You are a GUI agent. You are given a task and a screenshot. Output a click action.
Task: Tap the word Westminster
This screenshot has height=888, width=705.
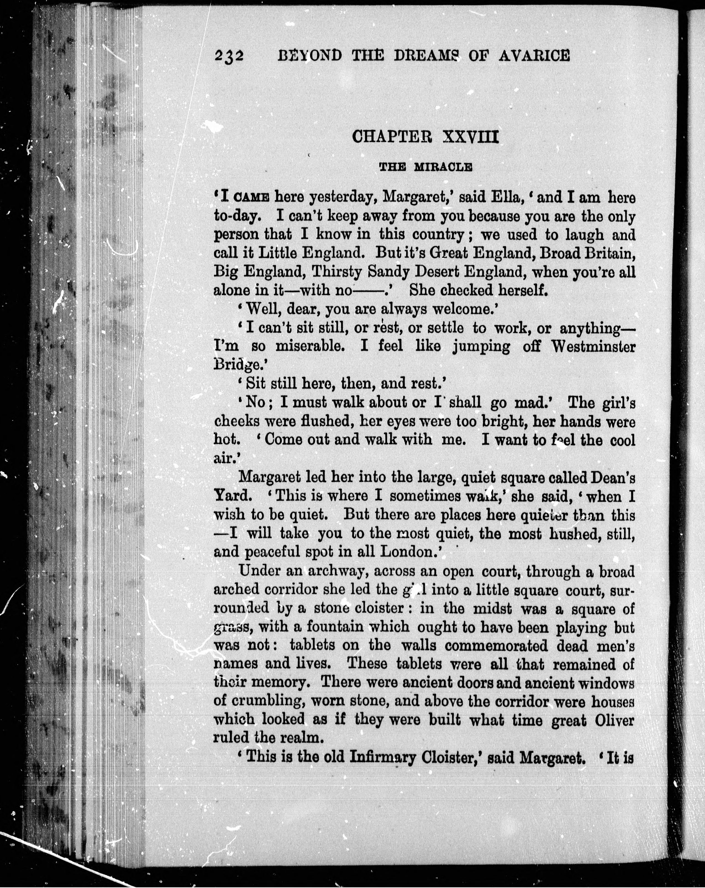click(594, 346)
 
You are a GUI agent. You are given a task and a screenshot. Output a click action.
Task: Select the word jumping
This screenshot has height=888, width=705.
click(481, 346)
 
